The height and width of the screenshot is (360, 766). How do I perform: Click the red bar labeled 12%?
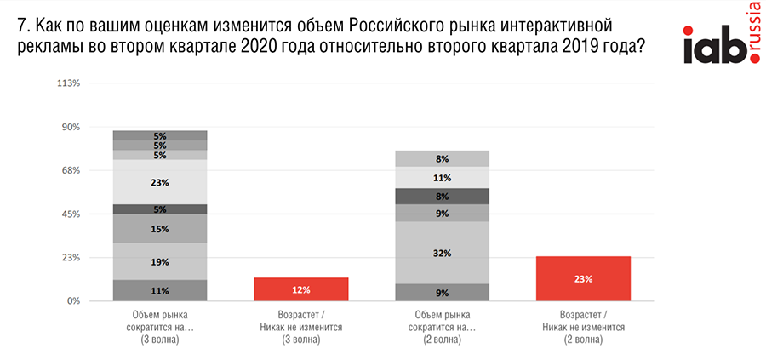coord(301,289)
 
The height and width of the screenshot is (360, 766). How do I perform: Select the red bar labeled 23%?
coord(583,278)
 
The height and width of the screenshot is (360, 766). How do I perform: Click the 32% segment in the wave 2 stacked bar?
coord(442,253)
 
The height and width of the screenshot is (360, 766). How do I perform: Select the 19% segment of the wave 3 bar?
coord(160,262)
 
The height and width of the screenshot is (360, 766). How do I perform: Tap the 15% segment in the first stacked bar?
coord(160,229)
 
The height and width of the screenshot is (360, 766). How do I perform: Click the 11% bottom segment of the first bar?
coord(160,291)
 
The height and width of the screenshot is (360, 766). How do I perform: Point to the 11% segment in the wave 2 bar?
coord(442,178)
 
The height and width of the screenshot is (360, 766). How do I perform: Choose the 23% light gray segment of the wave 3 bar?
coord(160,182)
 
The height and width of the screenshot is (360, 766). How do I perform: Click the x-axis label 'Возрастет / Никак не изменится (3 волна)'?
coord(301,327)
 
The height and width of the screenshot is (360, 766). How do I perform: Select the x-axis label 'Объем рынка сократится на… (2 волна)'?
coord(442,327)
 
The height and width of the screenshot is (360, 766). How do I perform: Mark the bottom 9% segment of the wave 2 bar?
coord(442,293)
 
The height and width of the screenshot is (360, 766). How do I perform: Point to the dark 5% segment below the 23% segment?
coord(160,209)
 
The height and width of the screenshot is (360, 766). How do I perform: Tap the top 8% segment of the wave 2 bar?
coord(442,158)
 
